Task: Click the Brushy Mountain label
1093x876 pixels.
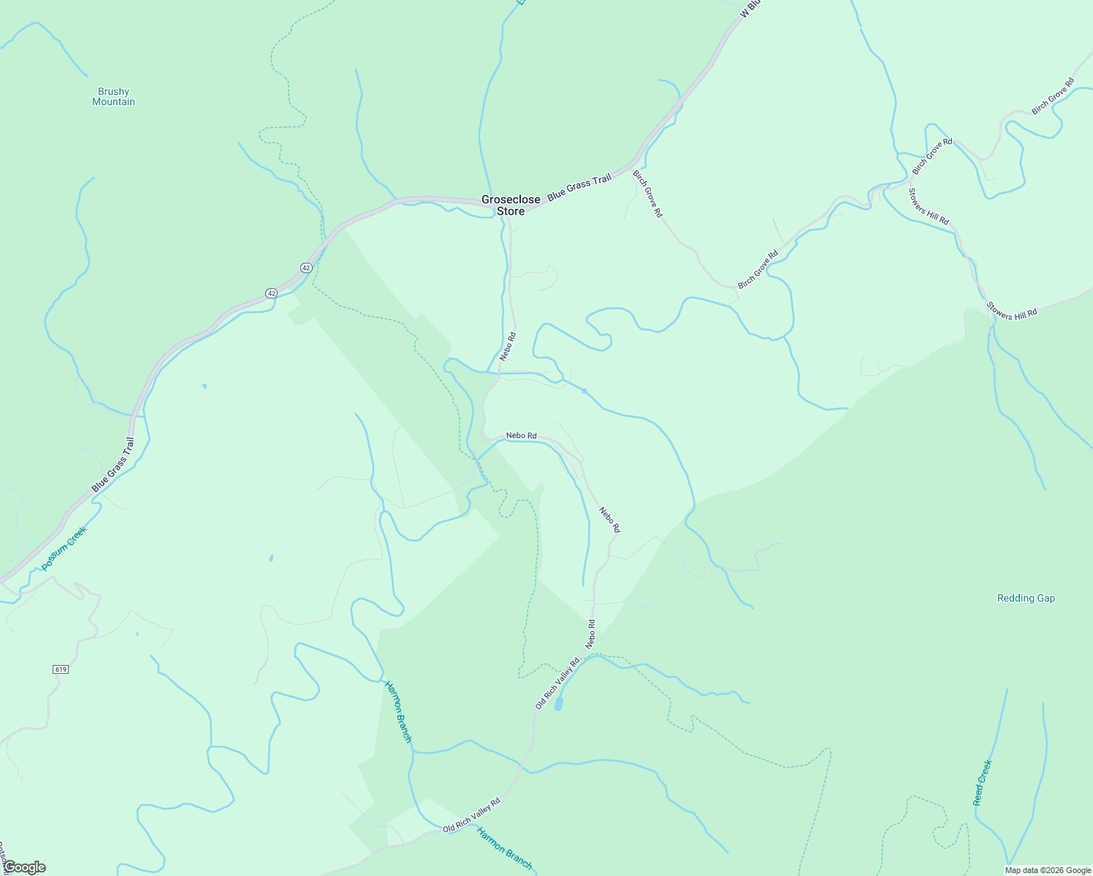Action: click(113, 96)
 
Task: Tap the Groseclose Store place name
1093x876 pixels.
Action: click(511, 205)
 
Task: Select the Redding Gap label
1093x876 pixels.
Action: click(1026, 598)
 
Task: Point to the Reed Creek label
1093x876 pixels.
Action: click(983, 783)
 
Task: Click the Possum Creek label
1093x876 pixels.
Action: click(64, 548)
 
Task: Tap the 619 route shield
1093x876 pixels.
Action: click(61, 669)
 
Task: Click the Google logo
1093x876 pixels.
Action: click(24, 867)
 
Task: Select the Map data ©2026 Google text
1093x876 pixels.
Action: click(1048, 870)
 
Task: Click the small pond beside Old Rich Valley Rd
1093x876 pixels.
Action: click(559, 704)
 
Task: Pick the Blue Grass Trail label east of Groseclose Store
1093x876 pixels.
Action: click(579, 186)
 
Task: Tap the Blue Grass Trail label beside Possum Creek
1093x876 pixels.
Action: click(113, 465)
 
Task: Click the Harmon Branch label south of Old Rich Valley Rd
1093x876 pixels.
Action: click(505, 848)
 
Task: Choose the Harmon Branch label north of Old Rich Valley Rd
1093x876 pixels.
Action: click(398, 712)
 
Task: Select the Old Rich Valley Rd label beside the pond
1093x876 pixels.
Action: click(557, 683)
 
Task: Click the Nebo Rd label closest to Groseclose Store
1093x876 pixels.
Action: click(508, 346)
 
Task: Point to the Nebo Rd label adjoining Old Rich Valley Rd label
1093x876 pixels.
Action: click(590, 634)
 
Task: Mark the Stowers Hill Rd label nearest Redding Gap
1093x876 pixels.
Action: click(1012, 310)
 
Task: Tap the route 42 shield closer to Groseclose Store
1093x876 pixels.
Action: click(306, 268)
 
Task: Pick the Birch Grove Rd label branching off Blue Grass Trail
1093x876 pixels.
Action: click(647, 193)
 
